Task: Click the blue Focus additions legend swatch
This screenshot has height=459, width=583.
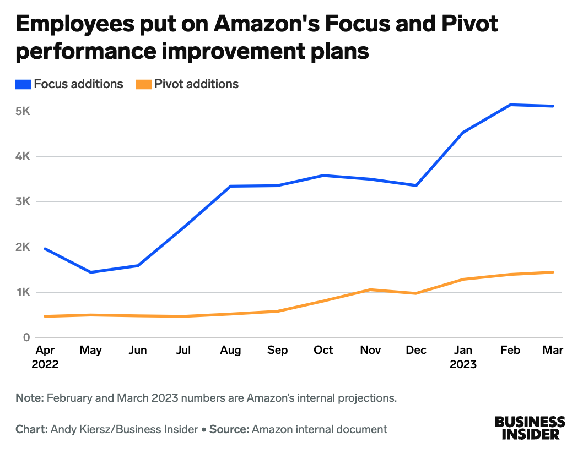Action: (24, 84)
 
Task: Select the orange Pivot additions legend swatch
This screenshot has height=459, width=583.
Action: (144, 84)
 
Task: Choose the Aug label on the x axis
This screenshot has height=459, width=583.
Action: (230, 351)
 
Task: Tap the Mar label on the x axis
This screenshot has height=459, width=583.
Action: (553, 351)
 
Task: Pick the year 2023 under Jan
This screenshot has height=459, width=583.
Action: (463, 364)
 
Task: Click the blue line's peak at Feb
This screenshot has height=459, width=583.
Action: (510, 105)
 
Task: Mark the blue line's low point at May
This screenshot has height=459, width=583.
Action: (90, 272)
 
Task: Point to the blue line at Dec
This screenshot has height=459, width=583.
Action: (416, 185)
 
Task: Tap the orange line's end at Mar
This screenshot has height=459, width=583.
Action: (553, 272)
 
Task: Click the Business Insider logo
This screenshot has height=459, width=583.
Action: (530, 428)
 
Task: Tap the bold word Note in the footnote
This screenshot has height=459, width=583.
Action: (29, 398)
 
